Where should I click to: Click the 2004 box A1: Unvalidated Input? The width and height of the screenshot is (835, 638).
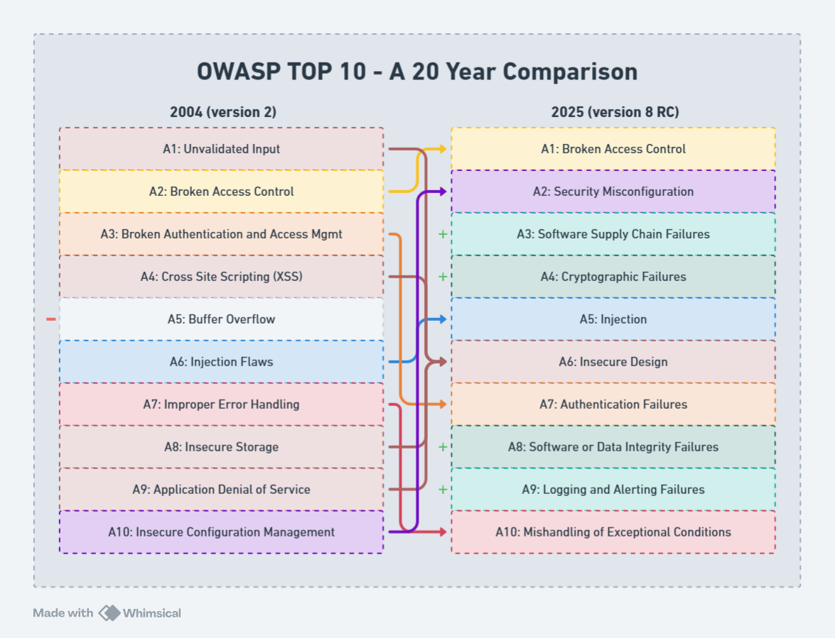tap(221, 149)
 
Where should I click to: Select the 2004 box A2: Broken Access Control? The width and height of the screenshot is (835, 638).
tap(221, 192)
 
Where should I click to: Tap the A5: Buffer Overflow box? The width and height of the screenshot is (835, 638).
tap(221, 319)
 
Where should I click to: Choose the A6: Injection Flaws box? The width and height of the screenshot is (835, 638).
tap(221, 362)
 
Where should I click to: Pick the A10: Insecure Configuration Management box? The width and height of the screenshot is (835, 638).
tap(221, 532)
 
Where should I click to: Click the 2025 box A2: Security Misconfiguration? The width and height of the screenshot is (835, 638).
tap(613, 192)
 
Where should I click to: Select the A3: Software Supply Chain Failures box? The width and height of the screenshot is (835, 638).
tap(613, 234)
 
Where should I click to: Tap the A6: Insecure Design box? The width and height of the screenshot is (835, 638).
tap(613, 362)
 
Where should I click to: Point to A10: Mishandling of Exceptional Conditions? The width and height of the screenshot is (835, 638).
tap(613, 532)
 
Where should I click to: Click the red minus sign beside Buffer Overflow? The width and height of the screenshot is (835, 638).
tap(50, 319)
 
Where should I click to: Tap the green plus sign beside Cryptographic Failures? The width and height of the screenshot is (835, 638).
tap(443, 277)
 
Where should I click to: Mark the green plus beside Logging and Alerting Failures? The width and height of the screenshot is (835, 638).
tap(443, 490)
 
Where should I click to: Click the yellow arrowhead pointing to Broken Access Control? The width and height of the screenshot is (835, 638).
tap(443, 149)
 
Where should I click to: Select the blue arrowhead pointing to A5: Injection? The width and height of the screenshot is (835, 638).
tap(443, 319)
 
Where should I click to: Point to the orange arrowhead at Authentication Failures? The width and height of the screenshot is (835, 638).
tap(443, 405)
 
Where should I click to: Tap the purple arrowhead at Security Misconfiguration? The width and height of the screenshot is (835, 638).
tap(443, 192)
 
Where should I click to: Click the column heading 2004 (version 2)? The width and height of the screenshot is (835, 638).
tap(222, 112)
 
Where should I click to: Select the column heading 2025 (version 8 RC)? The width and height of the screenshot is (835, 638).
tap(615, 112)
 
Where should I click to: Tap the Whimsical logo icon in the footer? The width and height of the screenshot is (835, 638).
tap(109, 613)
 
